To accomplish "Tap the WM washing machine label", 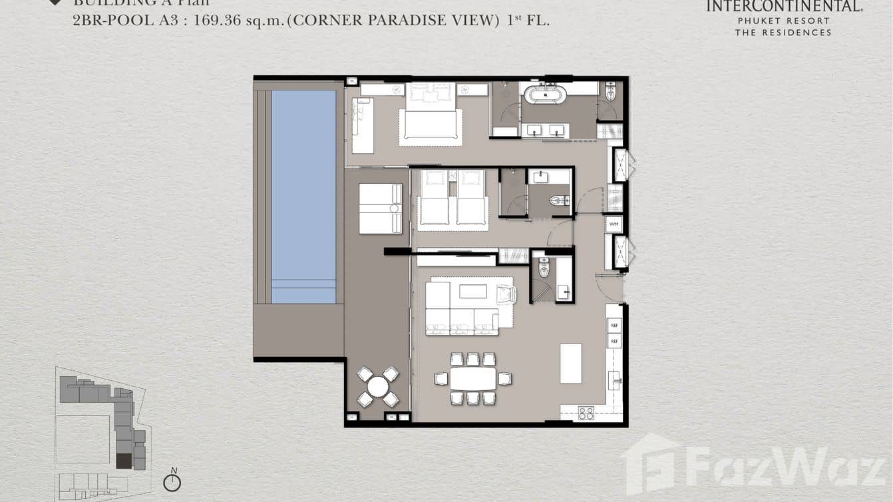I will [614, 224].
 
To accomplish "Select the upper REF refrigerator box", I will [614, 326].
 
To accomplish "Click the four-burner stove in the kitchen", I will [586, 413].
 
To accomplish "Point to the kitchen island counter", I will [570, 363].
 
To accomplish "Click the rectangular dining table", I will [472, 379].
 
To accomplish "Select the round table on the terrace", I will [378, 386].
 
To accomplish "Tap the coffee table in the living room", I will [472, 292].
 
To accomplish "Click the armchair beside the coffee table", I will [505, 294].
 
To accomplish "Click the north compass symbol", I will [172, 481].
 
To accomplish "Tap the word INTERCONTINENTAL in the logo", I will [784, 7].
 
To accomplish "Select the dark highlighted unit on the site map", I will [124, 460].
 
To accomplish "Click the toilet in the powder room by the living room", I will [544, 268].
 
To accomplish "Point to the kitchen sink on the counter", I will [614, 380].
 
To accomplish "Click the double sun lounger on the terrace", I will [380, 208].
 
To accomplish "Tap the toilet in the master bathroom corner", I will [610, 91].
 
